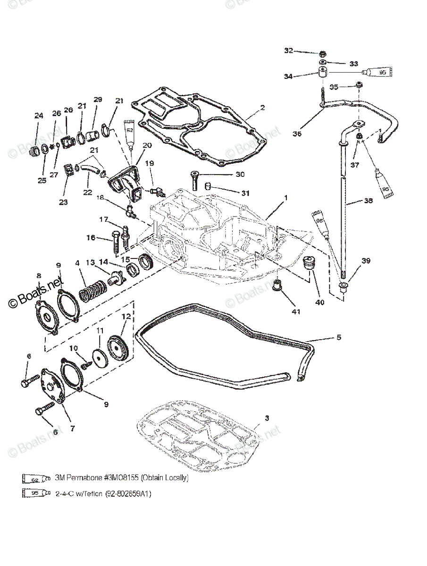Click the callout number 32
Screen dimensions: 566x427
(288, 51)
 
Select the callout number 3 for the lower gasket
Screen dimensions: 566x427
(267, 418)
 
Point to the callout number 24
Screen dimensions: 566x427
(38, 115)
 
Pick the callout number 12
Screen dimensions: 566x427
(125, 316)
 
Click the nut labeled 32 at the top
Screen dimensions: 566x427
(322, 53)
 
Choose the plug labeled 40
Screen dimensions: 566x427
(310, 262)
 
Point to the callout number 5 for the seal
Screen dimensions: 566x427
(339, 338)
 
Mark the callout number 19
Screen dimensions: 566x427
(150, 163)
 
